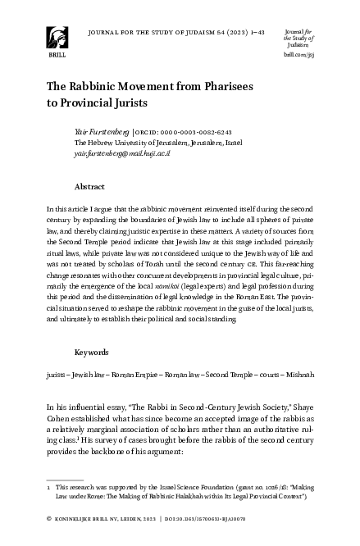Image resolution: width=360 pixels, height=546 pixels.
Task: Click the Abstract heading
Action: click(90, 186)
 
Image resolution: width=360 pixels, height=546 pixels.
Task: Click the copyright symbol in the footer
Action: click(51, 519)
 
